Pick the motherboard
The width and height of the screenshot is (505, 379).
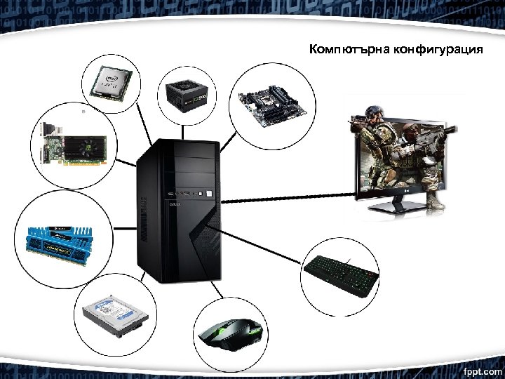point(270,102)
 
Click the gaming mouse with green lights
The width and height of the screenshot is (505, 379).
point(231,335)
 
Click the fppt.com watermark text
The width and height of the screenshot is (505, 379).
point(482,369)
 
